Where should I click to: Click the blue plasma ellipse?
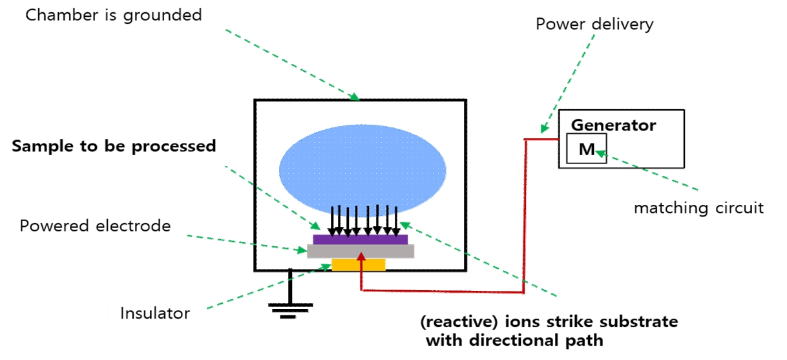(362, 169)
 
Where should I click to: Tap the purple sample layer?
(361, 239)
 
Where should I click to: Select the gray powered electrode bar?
(361, 251)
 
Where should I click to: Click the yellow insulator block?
(359, 264)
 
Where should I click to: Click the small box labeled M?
(587, 149)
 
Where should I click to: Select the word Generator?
(614, 125)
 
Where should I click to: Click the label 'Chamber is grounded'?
(114, 14)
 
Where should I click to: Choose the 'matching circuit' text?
(698, 208)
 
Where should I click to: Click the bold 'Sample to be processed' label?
(114, 146)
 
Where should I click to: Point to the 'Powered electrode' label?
(95, 226)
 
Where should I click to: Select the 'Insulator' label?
(155, 313)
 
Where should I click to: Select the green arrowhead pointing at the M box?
(599, 153)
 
